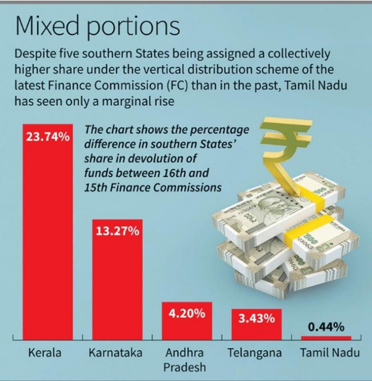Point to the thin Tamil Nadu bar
pos(326,338)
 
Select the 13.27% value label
pos(117,231)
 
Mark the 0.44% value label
pos(326,327)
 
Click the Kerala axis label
pos(45,353)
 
